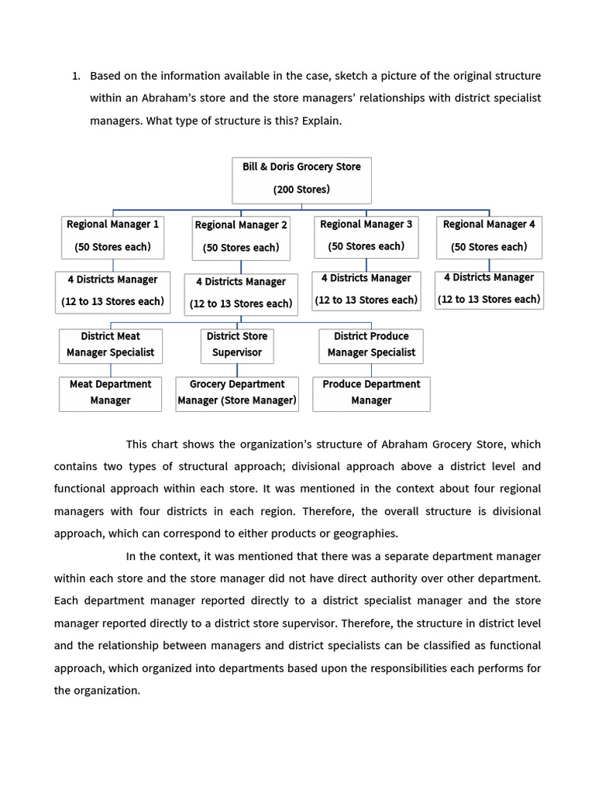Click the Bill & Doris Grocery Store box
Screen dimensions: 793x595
click(x=301, y=180)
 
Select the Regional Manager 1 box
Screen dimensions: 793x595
click(x=112, y=237)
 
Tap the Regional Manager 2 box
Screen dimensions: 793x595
click(x=241, y=238)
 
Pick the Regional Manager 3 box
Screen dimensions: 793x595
click(x=366, y=236)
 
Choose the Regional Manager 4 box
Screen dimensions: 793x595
click(x=489, y=237)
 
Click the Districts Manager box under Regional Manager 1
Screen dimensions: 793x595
click(x=112, y=291)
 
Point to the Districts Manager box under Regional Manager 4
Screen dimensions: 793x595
click(x=489, y=290)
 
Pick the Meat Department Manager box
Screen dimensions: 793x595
click(x=110, y=393)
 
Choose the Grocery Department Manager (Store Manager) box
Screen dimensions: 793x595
click(x=237, y=393)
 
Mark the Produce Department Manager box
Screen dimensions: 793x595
click(x=371, y=393)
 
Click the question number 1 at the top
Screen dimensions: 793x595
click(x=75, y=76)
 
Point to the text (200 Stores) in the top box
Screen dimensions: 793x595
click(x=301, y=190)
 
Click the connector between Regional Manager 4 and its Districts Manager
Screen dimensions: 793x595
click(x=489, y=265)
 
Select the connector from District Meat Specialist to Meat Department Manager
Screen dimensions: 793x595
click(x=110, y=370)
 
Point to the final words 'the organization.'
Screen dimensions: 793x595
click(x=97, y=691)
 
